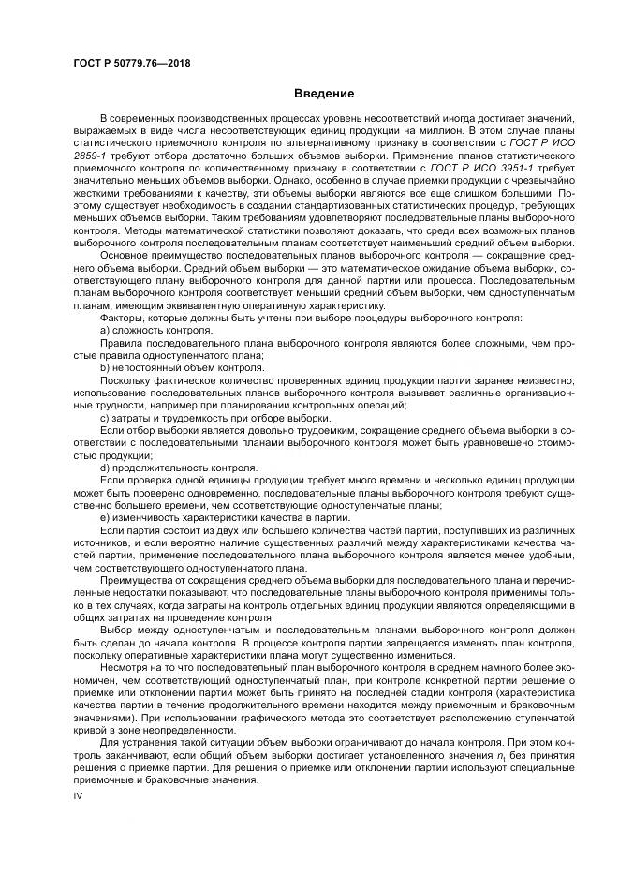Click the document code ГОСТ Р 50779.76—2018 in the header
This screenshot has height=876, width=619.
131,63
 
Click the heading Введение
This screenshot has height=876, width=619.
324,94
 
